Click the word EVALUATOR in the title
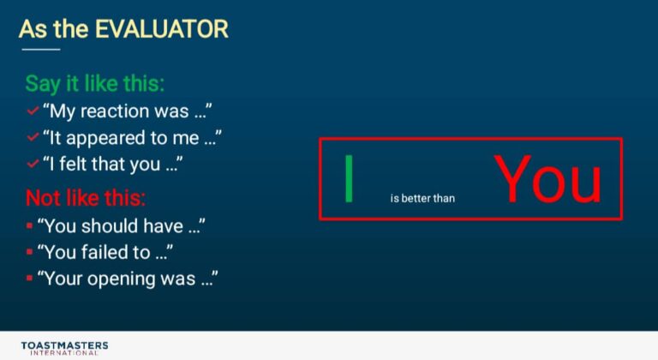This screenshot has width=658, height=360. [x=162, y=29]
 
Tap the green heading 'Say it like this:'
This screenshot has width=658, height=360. [x=95, y=84]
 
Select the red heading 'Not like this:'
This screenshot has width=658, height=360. [x=86, y=197]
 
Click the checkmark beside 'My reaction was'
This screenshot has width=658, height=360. [x=33, y=111]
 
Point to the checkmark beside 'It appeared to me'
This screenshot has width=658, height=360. [x=33, y=137]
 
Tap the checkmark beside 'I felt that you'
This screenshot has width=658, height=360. [x=33, y=164]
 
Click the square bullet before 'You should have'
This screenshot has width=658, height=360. [x=29, y=226]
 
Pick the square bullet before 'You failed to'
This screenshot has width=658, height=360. [x=29, y=252]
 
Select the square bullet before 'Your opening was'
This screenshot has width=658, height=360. [x=29, y=278]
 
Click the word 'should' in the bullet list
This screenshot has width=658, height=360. [x=110, y=226]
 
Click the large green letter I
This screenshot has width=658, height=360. [x=349, y=178]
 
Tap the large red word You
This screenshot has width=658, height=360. [x=548, y=178]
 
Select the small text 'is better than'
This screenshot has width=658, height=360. [x=422, y=198]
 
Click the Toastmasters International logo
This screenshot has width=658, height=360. [x=64, y=348]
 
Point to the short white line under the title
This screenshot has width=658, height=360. [x=41, y=50]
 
